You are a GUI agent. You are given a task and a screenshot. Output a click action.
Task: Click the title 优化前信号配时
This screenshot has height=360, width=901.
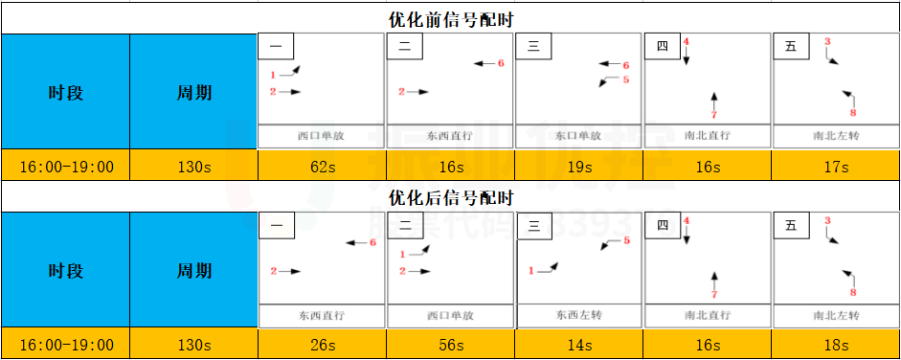(451, 19)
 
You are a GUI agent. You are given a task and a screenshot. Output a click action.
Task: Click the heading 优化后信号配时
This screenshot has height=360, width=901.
(451, 198)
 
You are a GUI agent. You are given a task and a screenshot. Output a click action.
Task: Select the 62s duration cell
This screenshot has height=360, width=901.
(322, 167)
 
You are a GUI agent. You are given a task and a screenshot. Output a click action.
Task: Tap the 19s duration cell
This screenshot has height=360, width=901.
(579, 167)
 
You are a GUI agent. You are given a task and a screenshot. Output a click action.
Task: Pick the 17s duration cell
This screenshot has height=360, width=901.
(836, 167)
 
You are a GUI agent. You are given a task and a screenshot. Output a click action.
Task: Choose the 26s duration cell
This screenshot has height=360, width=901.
(322, 345)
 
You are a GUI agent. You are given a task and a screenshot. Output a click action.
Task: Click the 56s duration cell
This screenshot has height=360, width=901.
(451, 345)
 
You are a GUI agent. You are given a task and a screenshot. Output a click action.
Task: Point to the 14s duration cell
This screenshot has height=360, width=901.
(579, 345)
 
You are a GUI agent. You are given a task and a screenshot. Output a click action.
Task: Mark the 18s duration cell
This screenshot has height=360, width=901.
(836, 345)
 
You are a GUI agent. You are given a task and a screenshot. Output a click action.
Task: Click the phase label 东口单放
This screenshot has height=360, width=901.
(579, 136)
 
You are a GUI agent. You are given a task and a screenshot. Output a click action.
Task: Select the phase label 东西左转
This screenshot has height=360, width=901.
(579, 314)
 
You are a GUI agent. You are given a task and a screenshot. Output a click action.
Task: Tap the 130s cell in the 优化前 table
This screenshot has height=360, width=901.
(194, 167)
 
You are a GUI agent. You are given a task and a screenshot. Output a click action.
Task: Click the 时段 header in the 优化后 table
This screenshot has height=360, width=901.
(66, 271)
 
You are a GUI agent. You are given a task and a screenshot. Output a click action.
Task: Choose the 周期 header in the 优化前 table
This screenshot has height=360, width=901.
(194, 93)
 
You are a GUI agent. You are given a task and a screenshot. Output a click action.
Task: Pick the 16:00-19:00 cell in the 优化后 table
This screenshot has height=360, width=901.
(66, 345)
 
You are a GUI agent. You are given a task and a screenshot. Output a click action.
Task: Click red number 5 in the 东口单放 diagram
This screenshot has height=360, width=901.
(625, 79)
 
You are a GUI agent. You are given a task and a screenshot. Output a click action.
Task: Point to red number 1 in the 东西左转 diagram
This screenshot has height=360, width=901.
(531, 271)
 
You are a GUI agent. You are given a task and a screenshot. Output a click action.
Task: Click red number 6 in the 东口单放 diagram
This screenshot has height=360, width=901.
(626, 65)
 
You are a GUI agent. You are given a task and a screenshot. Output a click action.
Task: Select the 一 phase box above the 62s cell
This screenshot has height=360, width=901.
(276, 46)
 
